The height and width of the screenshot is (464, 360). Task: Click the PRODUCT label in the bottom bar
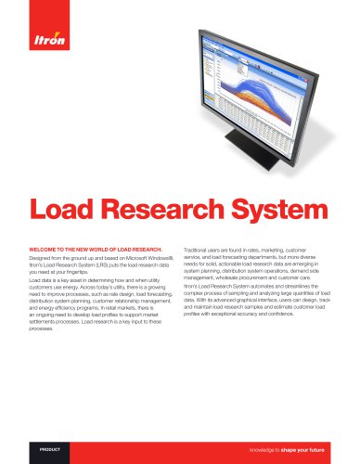(52, 448)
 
